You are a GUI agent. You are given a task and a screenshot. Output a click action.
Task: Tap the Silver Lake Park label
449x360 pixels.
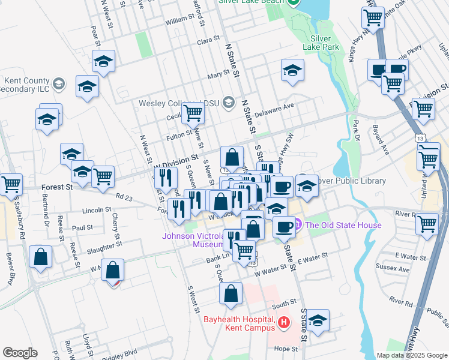tap(325, 43)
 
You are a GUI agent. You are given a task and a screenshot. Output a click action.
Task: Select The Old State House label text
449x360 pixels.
tap(343, 226)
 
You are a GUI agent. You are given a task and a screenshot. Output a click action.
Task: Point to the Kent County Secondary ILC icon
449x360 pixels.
tap(58, 84)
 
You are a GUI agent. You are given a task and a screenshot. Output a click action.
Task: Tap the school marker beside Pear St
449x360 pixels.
tap(104, 61)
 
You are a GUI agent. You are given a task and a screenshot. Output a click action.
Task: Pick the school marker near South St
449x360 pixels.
tap(319, 320)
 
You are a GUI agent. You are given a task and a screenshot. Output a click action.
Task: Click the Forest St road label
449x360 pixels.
tap(56, 187)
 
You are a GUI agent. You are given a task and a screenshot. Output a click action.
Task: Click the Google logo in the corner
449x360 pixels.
tap(20, 352)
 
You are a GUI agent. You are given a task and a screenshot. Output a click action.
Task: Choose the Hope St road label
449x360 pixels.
tap(286, 349)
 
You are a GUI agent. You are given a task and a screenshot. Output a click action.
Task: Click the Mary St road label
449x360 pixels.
tap(218, 75)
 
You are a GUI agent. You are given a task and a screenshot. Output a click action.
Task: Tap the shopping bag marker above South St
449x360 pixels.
tap(231, 294)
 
